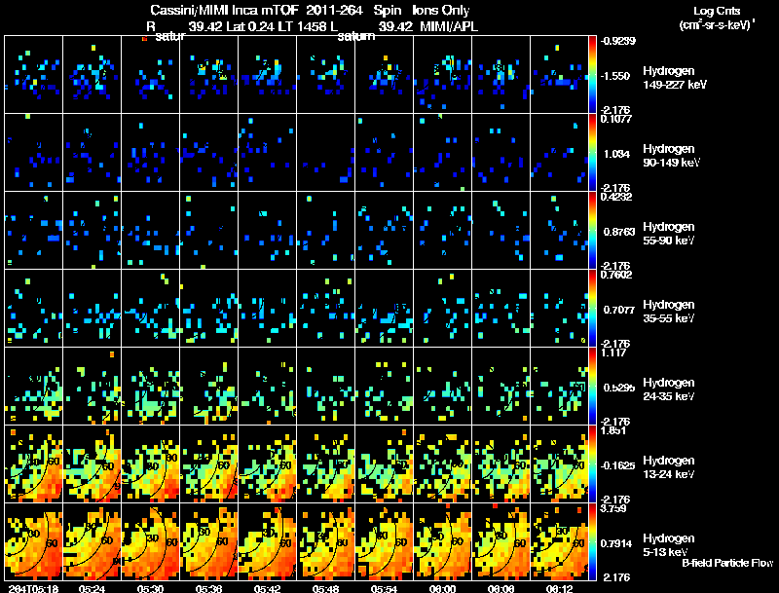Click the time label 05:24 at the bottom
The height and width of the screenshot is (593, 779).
tap(93, 587)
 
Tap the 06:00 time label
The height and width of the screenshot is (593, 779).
tap(442, 587)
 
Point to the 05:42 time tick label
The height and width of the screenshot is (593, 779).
tap(267, 587)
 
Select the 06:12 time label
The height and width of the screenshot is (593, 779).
tap(559, 587)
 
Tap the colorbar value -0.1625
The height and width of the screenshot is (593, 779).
tap(619, 466)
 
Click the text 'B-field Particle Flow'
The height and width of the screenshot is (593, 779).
tap(727, 563)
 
